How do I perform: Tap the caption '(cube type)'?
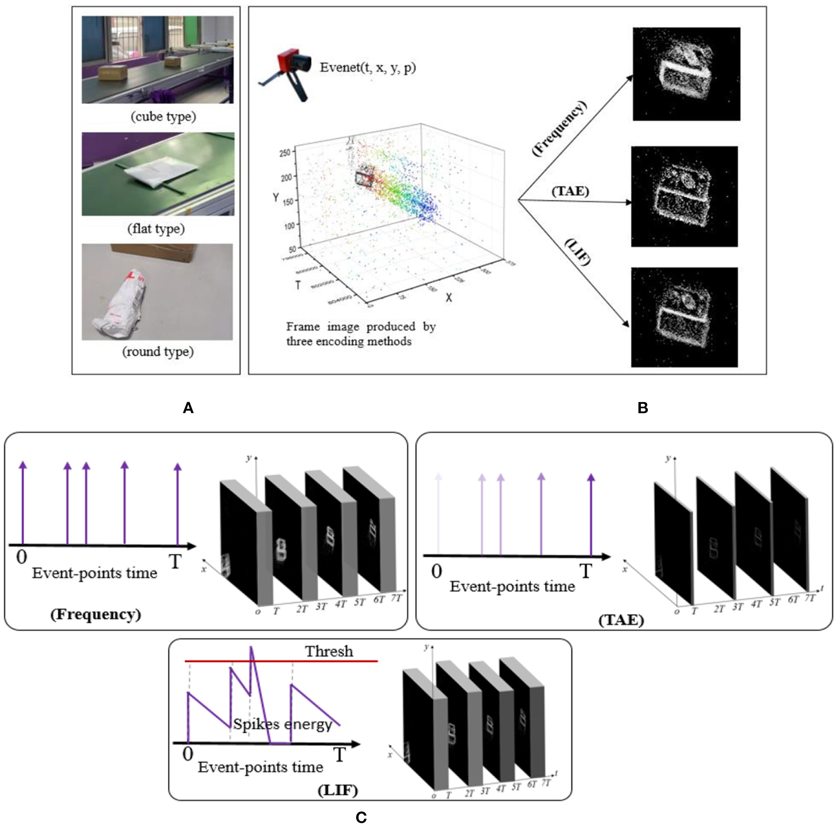(163, 117)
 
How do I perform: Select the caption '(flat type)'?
(156, 229)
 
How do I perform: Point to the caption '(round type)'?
(158, 352)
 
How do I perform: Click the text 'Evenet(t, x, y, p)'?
(367, 68)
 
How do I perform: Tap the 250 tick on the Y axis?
(285, 153)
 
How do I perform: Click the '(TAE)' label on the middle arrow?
(570, 191)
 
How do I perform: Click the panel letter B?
(643, 408)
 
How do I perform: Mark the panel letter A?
(188, 408)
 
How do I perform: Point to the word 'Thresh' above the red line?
(329, 652)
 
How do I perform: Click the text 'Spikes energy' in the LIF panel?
(282, 724)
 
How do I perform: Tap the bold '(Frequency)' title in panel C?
(96, 614)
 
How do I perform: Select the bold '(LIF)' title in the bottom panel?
(338, 790)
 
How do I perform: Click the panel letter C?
(361, 817)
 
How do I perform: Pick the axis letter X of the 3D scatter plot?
(448, 297)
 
